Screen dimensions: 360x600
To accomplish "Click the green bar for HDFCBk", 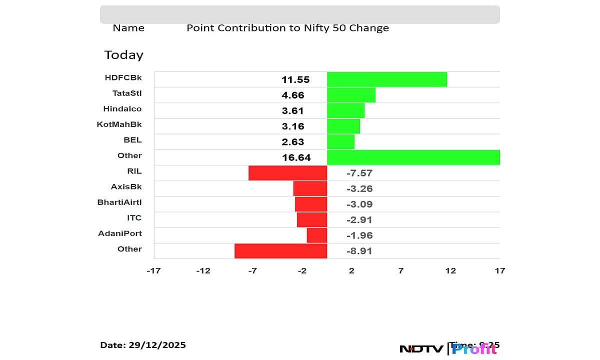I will point(386,79).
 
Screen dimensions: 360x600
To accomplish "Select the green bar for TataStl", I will point(351,95).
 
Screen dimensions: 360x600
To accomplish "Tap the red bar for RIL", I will point(287,173).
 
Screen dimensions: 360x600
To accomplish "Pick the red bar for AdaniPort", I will point(316,235).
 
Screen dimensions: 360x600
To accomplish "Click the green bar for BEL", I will point(340,141).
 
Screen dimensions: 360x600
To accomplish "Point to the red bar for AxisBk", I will point(310,188).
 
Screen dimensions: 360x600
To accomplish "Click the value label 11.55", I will point(295,79).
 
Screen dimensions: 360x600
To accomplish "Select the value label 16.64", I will point(296,157).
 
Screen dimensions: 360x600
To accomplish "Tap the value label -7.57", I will point(359,173).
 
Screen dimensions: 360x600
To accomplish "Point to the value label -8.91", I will point(359,251).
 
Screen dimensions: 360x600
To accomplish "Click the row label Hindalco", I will point(122,108).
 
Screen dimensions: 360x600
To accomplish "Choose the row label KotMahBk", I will point(119,124).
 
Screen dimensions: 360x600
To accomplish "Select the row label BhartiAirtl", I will point(119,202).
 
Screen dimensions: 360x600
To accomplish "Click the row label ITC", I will point(134,217).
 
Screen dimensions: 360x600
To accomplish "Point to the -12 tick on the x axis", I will point(203,270).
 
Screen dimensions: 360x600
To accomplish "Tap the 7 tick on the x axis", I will point(401,270).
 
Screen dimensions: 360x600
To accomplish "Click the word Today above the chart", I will point(123,55).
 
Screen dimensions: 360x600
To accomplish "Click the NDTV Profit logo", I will point(448,348).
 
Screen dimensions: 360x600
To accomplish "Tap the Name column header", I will point(128,28).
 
